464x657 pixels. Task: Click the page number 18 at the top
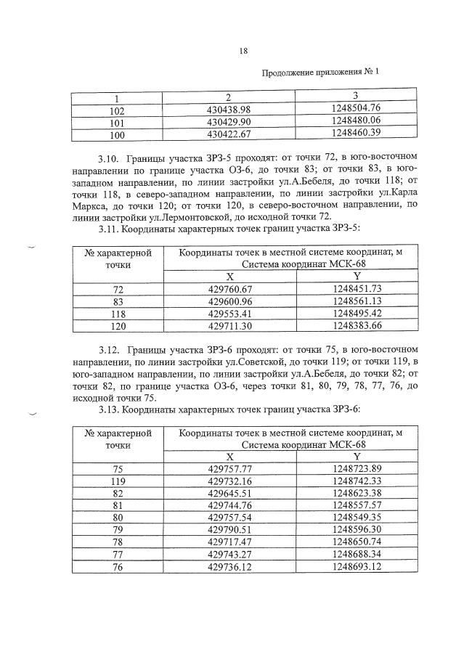(243, 50)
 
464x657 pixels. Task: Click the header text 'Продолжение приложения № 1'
(319, 72)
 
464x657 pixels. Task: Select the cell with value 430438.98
(229, 110)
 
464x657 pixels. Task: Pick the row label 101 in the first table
(117, 122)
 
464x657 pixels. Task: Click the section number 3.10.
(109, 158)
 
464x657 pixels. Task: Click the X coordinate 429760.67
(229, 289)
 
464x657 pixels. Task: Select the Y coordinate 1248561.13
(357, 302)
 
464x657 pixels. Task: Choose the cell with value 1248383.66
(357, 327)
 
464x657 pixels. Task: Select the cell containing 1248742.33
(357, 481)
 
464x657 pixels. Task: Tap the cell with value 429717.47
(229, 542)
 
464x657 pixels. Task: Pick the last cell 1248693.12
(357, 567)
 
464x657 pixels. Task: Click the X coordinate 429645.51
(229, 494)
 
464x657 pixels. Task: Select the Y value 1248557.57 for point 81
(357, 506)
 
